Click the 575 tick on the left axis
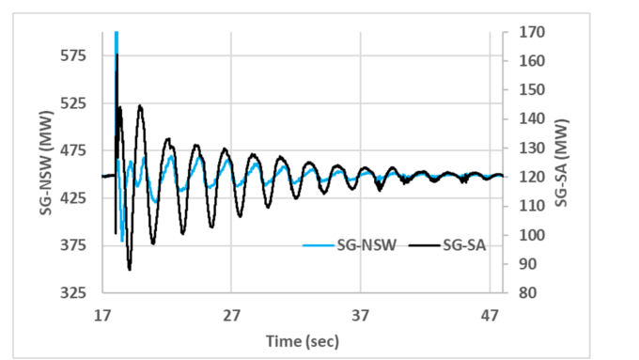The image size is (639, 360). pos(73,55)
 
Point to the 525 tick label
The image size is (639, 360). pos(73,102)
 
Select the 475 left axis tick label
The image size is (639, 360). pos(73,150)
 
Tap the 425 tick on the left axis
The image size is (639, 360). pos(73,197)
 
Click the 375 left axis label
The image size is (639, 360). pos(73,245)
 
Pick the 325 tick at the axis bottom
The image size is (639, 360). pos(73,292)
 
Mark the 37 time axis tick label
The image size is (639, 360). pos(361,317)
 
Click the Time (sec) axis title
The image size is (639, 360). pos(302,340)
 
